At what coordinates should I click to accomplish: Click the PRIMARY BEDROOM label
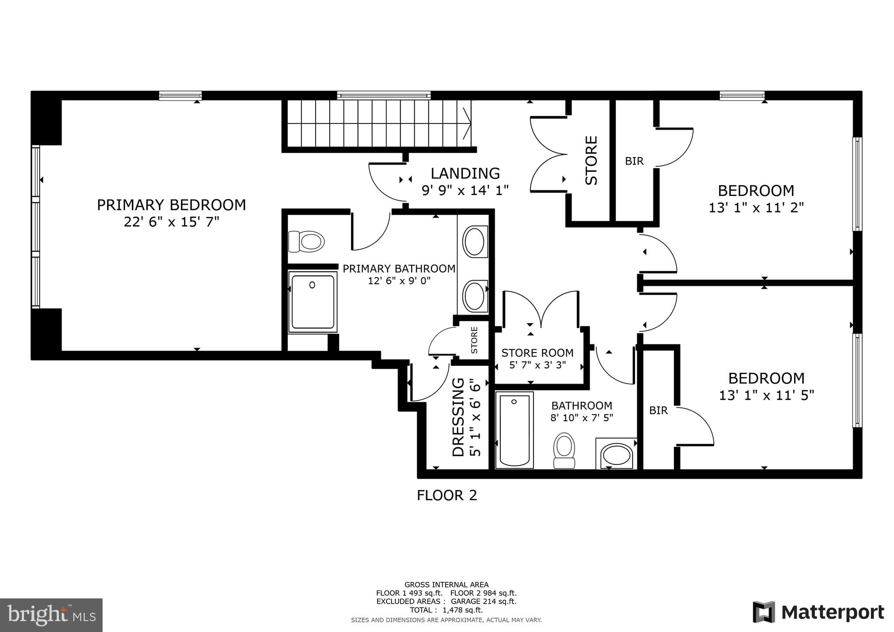tap(171, 205)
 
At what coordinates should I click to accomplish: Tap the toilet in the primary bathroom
tap(306, 241)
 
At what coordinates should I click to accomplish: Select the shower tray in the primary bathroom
tap(313, 302)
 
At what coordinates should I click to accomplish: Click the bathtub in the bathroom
tap(514, 430)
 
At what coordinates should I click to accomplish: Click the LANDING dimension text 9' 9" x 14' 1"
tap(465, 191)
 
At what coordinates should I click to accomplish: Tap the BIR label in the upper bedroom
tap(634, 161)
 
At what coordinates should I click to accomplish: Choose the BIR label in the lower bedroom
tap(658, 411)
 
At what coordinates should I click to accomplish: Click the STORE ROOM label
tap(537, 353)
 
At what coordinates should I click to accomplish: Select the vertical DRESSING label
tap(458, 417)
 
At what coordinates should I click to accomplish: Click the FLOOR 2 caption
tap(447, 495)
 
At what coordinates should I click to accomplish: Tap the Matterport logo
tap(818, 612)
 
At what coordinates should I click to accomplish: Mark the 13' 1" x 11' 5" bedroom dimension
tap(766, 395)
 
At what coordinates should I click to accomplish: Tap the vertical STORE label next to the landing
tap(591, 161)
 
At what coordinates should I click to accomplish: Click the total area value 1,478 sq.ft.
tap(462, 610)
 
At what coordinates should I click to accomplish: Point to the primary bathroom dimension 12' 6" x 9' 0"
tap(399, 281)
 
